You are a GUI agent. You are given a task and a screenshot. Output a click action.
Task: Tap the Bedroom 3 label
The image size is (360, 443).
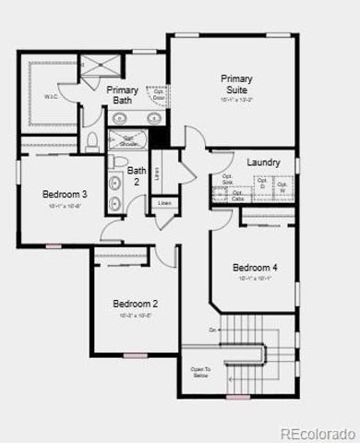[x=65, y=195]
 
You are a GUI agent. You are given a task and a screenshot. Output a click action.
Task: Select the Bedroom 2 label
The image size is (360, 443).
[x=136, y=304]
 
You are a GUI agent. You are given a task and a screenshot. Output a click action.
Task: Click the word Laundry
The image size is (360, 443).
[x=263, y=162]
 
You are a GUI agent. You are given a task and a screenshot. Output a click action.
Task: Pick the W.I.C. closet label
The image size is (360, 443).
[x=52, y=96]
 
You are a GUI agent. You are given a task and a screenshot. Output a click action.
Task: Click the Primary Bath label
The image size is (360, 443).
[x=123, y=95]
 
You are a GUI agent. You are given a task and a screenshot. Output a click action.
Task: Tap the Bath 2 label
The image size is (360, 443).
[x=137, y=175]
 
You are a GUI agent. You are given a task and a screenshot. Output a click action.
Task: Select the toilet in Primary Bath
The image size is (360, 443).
[x=93, y=140]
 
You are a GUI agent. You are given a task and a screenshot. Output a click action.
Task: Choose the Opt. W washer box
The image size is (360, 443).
[x=283, y=188]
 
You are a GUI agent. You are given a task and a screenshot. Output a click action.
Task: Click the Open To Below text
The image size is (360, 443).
[x=200, y=373]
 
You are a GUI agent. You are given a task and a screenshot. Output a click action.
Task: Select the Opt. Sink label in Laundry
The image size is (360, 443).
[x=227, y=179]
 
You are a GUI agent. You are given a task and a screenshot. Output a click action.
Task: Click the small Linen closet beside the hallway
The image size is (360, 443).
[x=165, y=203]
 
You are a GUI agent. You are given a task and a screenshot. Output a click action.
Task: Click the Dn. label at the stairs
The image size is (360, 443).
[x=212, y=329]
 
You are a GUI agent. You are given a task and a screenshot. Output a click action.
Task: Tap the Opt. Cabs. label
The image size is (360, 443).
[x=237, y=196]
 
